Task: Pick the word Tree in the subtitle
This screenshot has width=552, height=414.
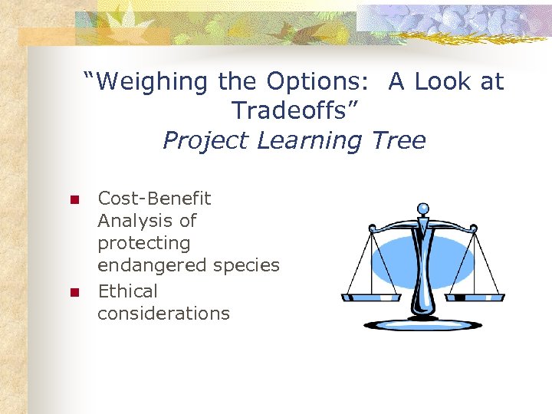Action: coord(399,141)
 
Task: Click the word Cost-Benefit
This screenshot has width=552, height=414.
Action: coord(154,199)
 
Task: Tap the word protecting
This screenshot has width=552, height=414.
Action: coord(143,244)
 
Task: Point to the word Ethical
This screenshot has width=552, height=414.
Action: coord(127,291)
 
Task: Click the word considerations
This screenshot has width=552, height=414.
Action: coord(163,314)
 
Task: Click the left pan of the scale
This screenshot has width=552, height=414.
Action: coord(370,295)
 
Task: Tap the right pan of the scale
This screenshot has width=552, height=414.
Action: coord(474,296)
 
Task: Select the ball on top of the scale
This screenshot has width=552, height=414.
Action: coord(423,208)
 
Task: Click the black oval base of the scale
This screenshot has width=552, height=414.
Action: coord(423,325)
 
